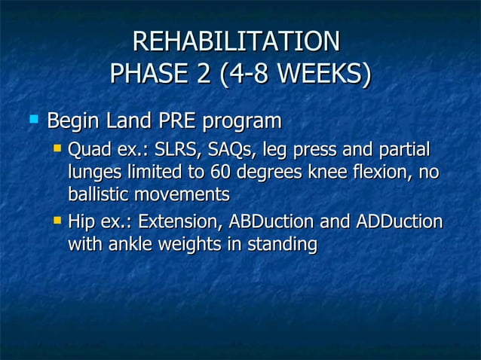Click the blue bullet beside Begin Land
click(x=32, y=119)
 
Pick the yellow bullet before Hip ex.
click(x=57, y=221)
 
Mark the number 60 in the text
click(x=220, y=172)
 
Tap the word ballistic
click(x=98, y=194)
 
